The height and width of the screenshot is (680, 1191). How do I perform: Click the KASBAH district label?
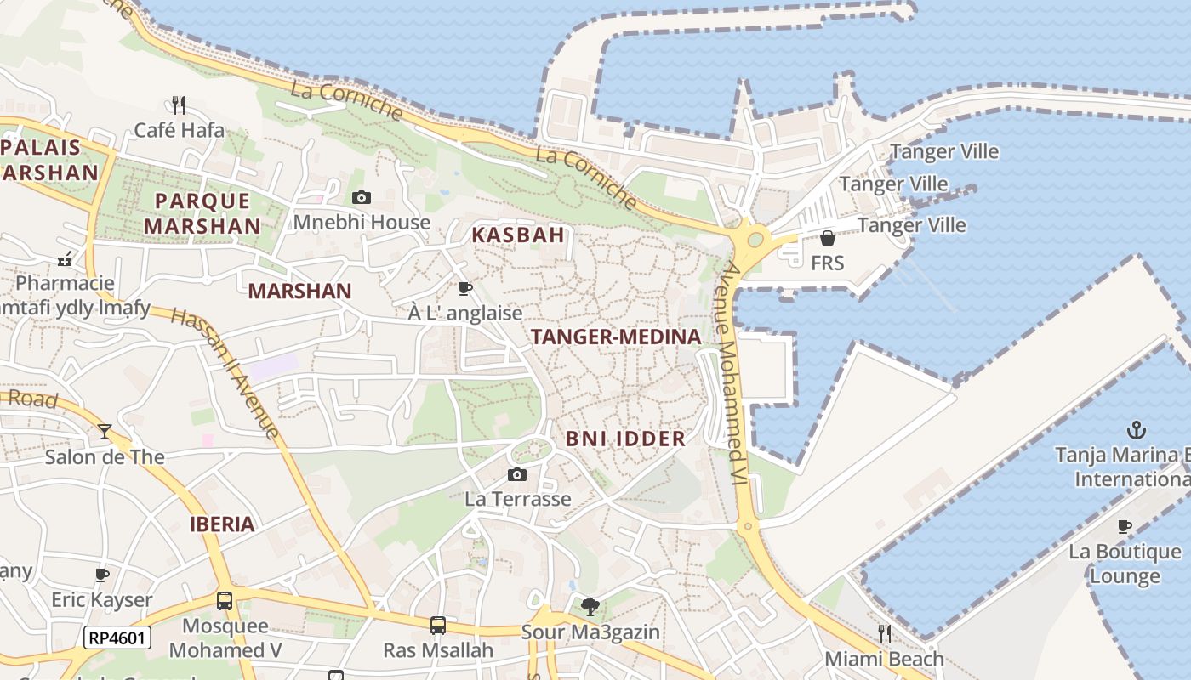(x=518, y=235)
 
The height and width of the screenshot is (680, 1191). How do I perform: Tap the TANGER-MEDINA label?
(x=616, y=337)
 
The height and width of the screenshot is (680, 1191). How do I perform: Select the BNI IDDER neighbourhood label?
(x=625, y=439)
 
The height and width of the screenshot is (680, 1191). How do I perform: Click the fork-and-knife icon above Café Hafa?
(x=179, y=105)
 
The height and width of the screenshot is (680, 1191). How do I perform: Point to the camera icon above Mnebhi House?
(x=362, y=198)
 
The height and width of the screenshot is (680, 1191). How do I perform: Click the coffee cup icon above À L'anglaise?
(x=464, y=288)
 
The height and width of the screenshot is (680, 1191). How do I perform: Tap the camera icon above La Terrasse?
(x=517, y=474)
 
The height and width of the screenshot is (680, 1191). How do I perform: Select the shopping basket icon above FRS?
(x=827, y=238)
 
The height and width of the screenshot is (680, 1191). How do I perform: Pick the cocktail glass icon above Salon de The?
(x=105, y=432)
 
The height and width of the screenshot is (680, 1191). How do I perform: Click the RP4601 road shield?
(x=117, y=637)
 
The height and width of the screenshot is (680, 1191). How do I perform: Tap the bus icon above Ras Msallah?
(x=437, y=626)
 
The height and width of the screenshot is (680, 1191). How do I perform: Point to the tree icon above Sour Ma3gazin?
(x=590, y=607)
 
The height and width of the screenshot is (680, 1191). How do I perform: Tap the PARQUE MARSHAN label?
(x=202, y=213)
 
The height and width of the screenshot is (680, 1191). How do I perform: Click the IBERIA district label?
(x=223, y=524)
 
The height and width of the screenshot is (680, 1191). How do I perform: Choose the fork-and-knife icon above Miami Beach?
(x=885, y=633)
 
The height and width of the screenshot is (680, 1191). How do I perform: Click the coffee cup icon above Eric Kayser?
(x=102, y=575)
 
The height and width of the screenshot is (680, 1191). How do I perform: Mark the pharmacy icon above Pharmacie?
(x=65, y=259)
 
